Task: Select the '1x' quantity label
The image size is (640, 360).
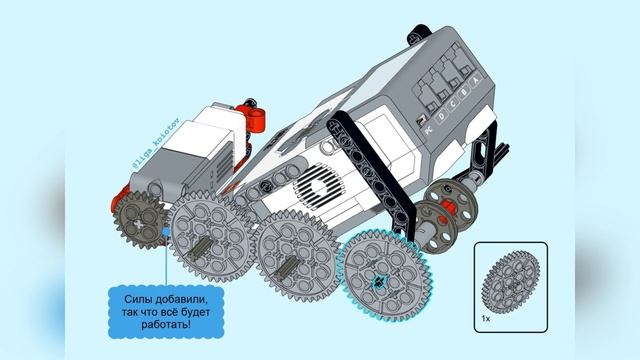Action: [485, 318]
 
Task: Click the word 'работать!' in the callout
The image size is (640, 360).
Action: [160, 326]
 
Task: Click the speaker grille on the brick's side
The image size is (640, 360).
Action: [322, 187]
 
